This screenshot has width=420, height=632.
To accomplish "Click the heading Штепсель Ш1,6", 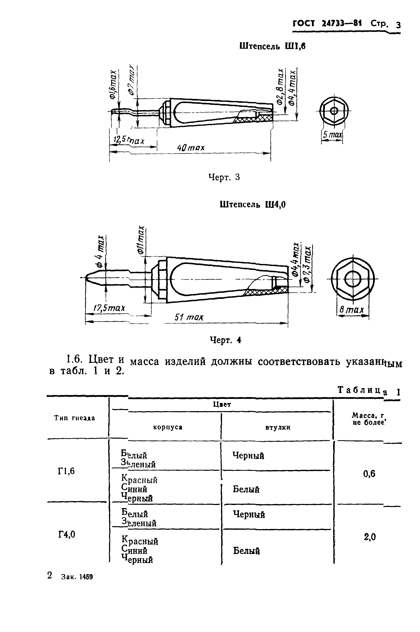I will [x=272, y=46].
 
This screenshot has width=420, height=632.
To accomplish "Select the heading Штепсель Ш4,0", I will [x=253, y=205].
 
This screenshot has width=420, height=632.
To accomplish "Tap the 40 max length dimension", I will [x=191, y=148].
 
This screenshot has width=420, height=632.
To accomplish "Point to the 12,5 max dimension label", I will [x=129, y=140].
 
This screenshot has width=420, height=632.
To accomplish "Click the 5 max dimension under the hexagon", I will [x=332, y=134].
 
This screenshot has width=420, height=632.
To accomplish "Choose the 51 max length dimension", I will [x=189, y=317].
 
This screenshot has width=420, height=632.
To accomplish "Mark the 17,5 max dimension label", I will [x=109, y=308].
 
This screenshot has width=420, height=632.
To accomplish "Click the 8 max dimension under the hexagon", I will [x=352, y=310].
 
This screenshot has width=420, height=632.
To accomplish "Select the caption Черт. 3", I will [x=224, y=177].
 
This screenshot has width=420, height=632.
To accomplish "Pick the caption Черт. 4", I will [x=226, y=340].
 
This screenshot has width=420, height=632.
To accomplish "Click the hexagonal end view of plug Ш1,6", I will [x=334, y=110].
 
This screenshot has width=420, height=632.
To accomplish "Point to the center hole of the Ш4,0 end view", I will [x=352, y=279].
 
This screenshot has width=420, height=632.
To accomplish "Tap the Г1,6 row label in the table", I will [x=66, y=471].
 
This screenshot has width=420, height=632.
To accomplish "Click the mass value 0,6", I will [x=369, y=474].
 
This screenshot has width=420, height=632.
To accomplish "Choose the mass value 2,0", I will [x=370, y=537].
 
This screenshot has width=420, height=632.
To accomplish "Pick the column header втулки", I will [x=278, y=427].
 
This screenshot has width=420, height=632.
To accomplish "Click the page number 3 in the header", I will [x=398, y=25].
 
